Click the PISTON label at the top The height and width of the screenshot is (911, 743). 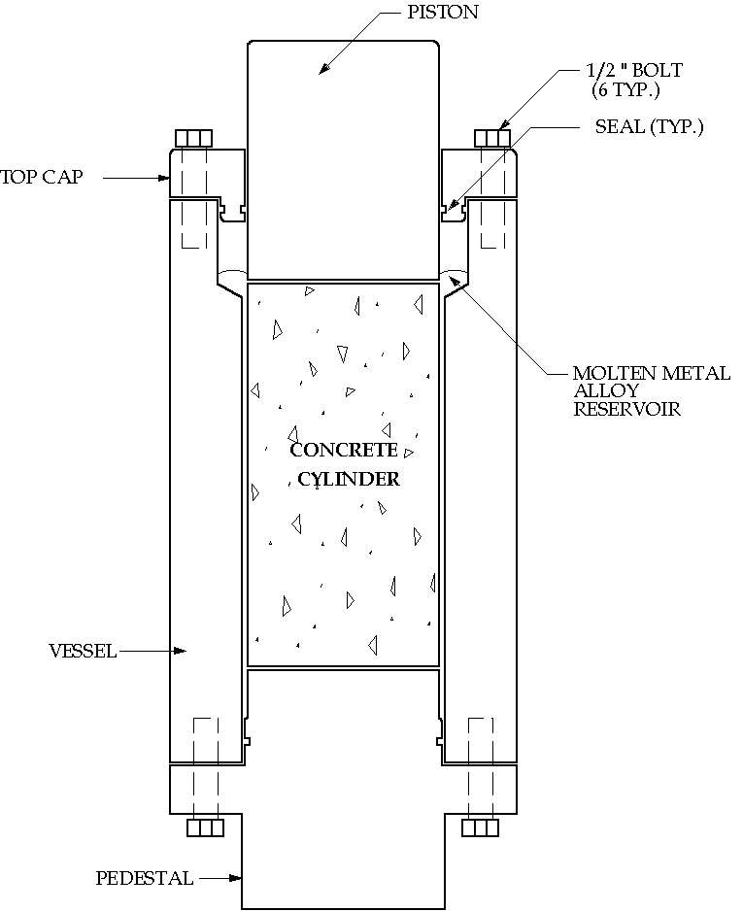click(x=442, y=14)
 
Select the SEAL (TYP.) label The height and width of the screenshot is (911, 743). click(x=649, y=127)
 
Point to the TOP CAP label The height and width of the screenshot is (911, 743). click(x=42, y=177)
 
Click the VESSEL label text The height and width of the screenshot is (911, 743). click(x=82, y=651)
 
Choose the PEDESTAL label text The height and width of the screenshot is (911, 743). click(x=144, y=879)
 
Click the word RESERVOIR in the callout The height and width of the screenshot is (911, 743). click(x=626, y=409)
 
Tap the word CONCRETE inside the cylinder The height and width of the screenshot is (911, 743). click(x=344, y=450)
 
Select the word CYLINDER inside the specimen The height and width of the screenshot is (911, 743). click(x=349, y=479)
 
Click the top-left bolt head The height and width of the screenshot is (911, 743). click(x=192, y=137)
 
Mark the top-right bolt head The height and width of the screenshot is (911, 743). click(x=492, y=137)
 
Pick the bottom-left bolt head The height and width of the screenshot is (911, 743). click(x=206, y=827)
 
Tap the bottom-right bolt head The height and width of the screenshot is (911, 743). click(x=480, y=827)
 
